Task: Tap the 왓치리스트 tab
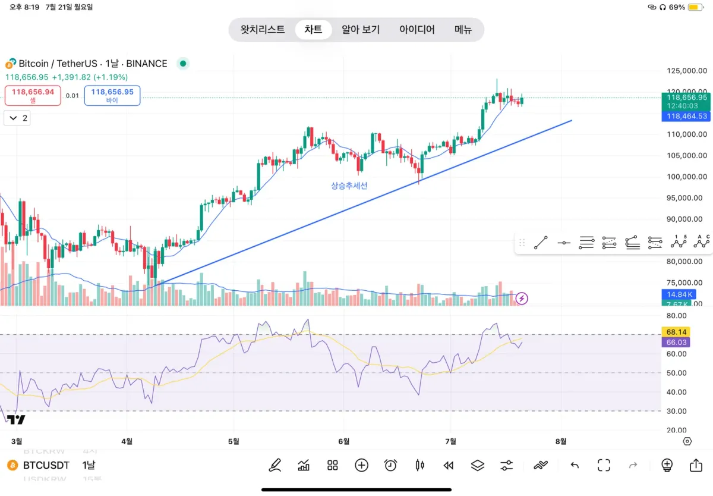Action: pyautogui.click(x=263, y=29)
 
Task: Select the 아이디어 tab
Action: pyautogui.click(x=417, y=29)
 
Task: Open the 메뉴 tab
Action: pyautogui.click(x=463, y=29)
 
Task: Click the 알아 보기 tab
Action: pyautogui.click(x=361, y=29)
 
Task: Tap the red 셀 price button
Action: pyautogui.click(x=33, y=95)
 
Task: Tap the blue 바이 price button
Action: pyautogui.click(x=112, y=95)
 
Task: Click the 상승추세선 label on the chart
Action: pyautogui.click(x=349, y=186)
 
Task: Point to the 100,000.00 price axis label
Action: pyautogui.click(x=686, y=177)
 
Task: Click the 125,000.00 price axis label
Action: pyautogui.click(x=686, y=71)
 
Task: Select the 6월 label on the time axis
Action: pyautogui.click(x=343, y=441)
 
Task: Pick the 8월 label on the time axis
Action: pyautogui.click(x=560, y=441)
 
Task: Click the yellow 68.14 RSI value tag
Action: pyautogui.click(x=677, y=332)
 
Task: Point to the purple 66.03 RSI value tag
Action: pyautogui.click(x=677, y=343)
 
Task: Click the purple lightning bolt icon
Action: pyautogui.click(x=522, y=298)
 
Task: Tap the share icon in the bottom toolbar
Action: pyautogui.click(x=696, y=465)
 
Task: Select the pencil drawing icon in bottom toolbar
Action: pyautogui.click(x=275, y=465)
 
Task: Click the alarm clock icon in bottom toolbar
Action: pyautogui.click(x=390, y=465)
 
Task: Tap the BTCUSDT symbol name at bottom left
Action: pyautogui.click(x=46, y=465)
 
